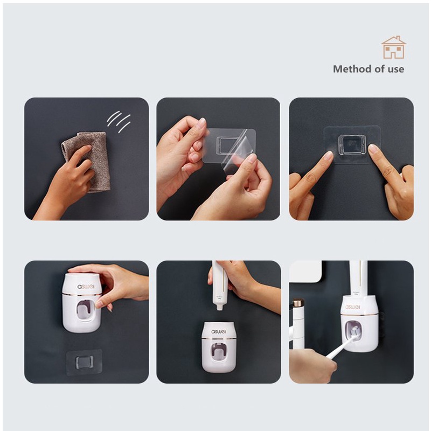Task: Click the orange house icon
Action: (x=393, y=47)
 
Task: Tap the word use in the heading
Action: (x=396, y=69)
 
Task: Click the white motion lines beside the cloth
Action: (x=119, y=122)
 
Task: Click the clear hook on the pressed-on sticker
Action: (x=352, y=145)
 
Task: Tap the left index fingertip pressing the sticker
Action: (x=329, y=155)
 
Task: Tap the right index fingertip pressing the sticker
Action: (x=373, y=149)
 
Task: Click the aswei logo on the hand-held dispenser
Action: (x=86, y=287)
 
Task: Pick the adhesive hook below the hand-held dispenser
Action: (x=84, y=362)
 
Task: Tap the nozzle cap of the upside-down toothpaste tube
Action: (x=219, y=307)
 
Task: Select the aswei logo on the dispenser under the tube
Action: (x=219, y=332)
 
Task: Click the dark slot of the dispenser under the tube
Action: (x=219, y=352)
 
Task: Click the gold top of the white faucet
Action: (x=298, y=303)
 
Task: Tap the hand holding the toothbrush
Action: (x=312, y=366)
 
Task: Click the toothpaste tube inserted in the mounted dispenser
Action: (x=358, y=278)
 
